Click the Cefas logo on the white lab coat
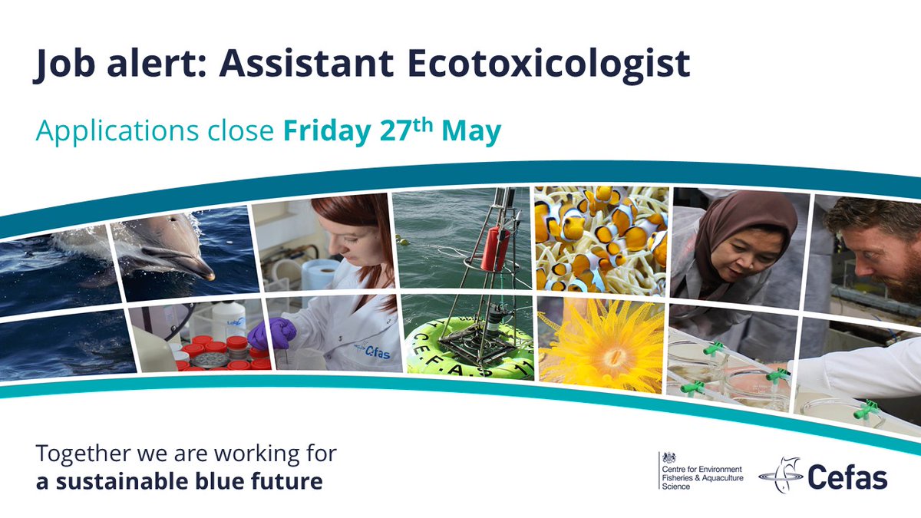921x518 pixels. click(x=375, y=350)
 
